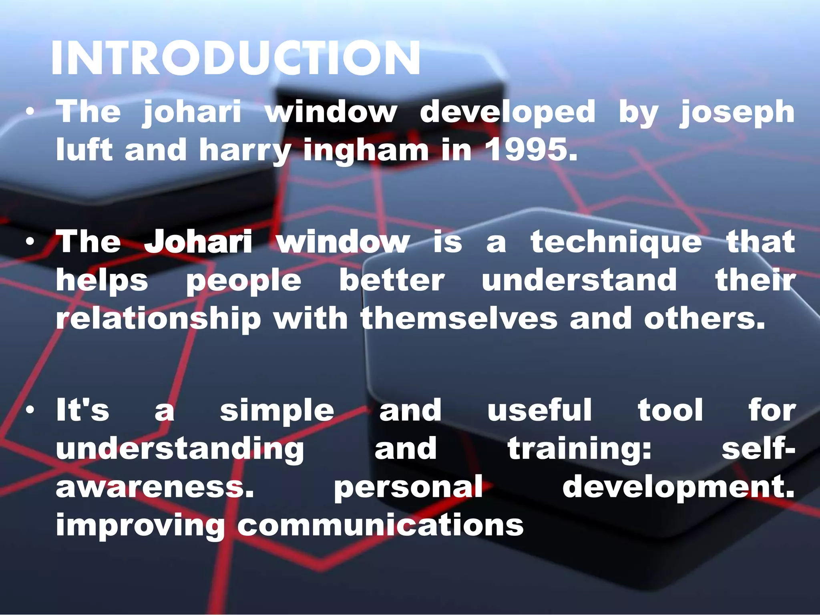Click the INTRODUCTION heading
[x=235, y=58]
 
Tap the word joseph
[x=737, y=112]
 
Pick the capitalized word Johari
[x=198, y=241]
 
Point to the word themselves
[x=459, y=319]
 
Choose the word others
[x=704, y=319]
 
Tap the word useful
[x=539, y=410]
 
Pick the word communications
[x=380, y=525]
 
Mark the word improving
[x=140, y=526]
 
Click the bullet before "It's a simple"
[x=30, y=410]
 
